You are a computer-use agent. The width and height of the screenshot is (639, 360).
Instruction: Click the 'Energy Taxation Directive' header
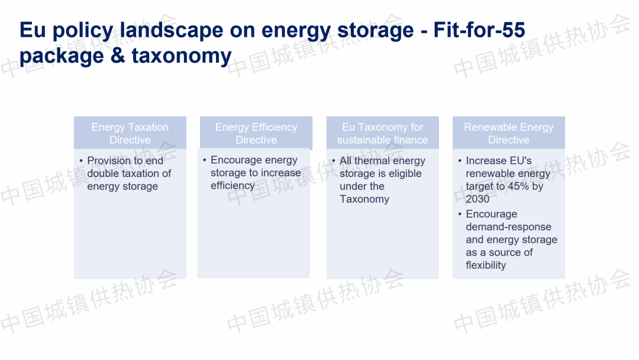point(130,133)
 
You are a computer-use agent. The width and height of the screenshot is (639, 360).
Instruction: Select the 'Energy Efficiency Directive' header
point(256,133)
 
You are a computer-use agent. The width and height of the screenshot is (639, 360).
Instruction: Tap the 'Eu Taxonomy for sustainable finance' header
point(382,133)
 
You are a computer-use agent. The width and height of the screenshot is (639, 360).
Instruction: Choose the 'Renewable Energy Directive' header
point(509,133)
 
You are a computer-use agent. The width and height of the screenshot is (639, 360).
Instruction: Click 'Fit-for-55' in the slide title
point(479,30)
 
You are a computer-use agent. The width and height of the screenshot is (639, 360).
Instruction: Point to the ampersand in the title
point(118,56)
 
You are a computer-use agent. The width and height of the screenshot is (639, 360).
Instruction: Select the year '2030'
point(477,199)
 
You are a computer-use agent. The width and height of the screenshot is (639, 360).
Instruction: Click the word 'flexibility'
point(486,265)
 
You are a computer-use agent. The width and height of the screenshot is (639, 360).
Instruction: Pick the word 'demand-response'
point(509,227)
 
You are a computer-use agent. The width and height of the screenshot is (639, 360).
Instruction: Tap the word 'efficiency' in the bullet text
point(233,186)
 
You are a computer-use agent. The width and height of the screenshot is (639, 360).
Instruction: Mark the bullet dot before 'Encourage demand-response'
point(460,214)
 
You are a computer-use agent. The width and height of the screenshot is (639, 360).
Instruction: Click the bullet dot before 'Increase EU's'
point(460,160)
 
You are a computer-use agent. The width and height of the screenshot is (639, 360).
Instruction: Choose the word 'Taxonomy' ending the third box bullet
point(364,199)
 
